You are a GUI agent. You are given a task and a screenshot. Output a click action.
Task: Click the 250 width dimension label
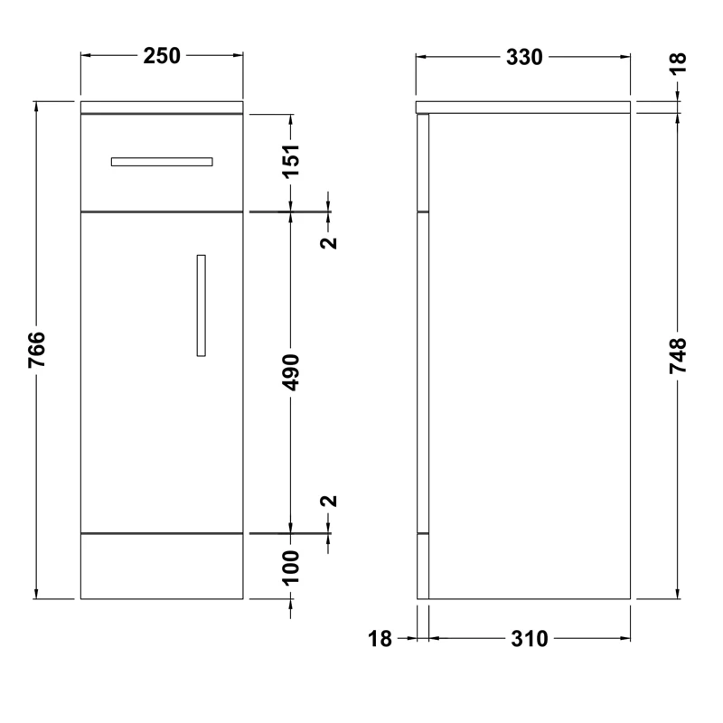point(163,56)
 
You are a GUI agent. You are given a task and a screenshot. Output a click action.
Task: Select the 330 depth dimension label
point(524,56)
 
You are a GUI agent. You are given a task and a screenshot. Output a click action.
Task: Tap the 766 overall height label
point(36,350)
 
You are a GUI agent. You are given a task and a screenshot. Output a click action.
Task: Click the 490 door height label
point(292,371)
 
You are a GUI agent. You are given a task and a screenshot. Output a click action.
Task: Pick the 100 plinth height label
point(292,567)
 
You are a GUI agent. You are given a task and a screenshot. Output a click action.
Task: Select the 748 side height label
point(678,355)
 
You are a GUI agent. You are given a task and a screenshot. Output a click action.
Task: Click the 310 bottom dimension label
point(530,639)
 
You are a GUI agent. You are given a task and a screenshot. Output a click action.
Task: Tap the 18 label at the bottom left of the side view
point(380,639)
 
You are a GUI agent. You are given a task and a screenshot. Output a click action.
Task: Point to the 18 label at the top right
point(678,63)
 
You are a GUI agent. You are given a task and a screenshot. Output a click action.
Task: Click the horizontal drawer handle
point(162,162)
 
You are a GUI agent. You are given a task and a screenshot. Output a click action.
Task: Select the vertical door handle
point(201,305)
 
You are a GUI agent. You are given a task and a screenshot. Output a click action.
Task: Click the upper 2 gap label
point(329,241)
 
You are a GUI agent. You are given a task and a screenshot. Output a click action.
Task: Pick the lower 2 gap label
point(329,502)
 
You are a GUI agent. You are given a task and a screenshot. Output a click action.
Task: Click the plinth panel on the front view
point(162,566)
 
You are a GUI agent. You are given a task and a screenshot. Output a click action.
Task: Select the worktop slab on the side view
point(523,108)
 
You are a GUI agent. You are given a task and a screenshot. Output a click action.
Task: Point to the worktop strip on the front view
point(162,108)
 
